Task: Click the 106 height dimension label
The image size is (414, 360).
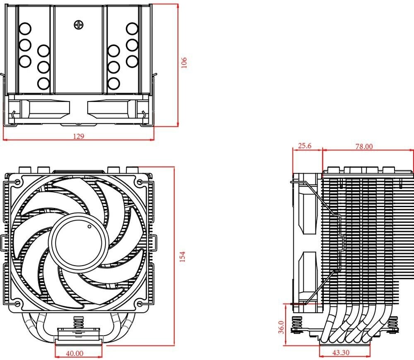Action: pos(184,63)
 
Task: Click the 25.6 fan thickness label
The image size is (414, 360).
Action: pos(304,146)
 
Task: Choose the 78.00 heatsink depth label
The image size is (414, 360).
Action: pos(364,146)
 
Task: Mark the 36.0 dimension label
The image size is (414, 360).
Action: pos(281,327)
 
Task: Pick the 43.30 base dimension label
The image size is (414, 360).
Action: pos(341,353)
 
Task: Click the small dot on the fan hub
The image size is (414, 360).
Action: pos(89,227)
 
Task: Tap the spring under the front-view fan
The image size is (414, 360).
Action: pos(77,321)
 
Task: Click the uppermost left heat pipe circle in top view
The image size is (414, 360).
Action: pos(25,29)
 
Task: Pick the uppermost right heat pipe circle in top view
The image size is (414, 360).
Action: pos(132,29)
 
